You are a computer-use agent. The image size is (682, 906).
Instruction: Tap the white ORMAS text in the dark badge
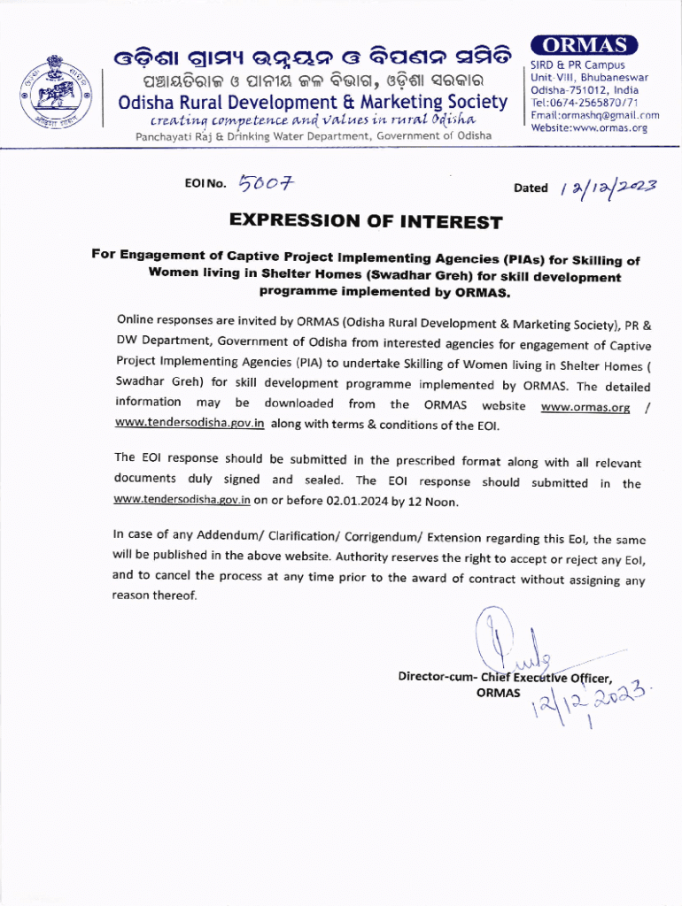[x=584, y=45]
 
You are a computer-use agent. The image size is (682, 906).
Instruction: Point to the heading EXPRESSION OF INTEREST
[x=366, y=221]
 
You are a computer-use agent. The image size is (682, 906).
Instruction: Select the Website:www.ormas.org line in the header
[x=589, y=127]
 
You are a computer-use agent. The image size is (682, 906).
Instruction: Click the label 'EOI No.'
[x=205, y=185]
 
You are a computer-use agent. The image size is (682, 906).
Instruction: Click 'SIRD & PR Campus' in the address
[x=577, y=65]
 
